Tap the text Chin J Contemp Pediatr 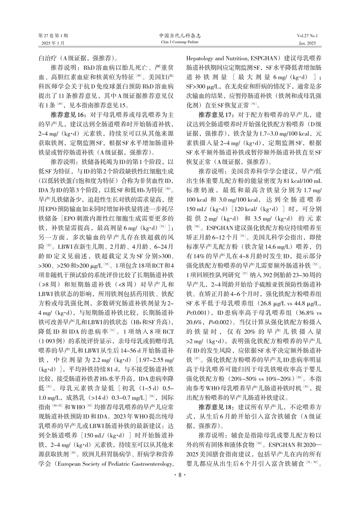180,42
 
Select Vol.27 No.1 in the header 308,36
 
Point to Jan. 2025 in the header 308,43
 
